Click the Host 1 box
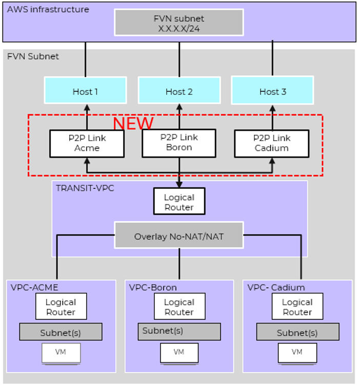coord(85,91)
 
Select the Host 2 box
coord(179,91)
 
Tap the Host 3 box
coord(272,91)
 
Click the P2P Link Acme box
coord(87,143)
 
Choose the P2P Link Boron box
coord(179,143)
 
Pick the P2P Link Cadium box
coord(271,143)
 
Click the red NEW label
coord(133,123)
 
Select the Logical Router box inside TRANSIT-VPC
coord(179,202)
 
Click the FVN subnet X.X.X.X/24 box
coord(179,23)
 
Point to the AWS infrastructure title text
coord(48,9)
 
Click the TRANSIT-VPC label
coord(85,188)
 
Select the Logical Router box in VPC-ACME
coord(61,307)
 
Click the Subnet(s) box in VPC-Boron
coord(179,332)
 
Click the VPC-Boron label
coord(153,287)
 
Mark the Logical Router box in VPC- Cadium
coord(297,307)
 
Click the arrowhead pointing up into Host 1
coord(86,108)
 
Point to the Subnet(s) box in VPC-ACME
coord(61,332)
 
